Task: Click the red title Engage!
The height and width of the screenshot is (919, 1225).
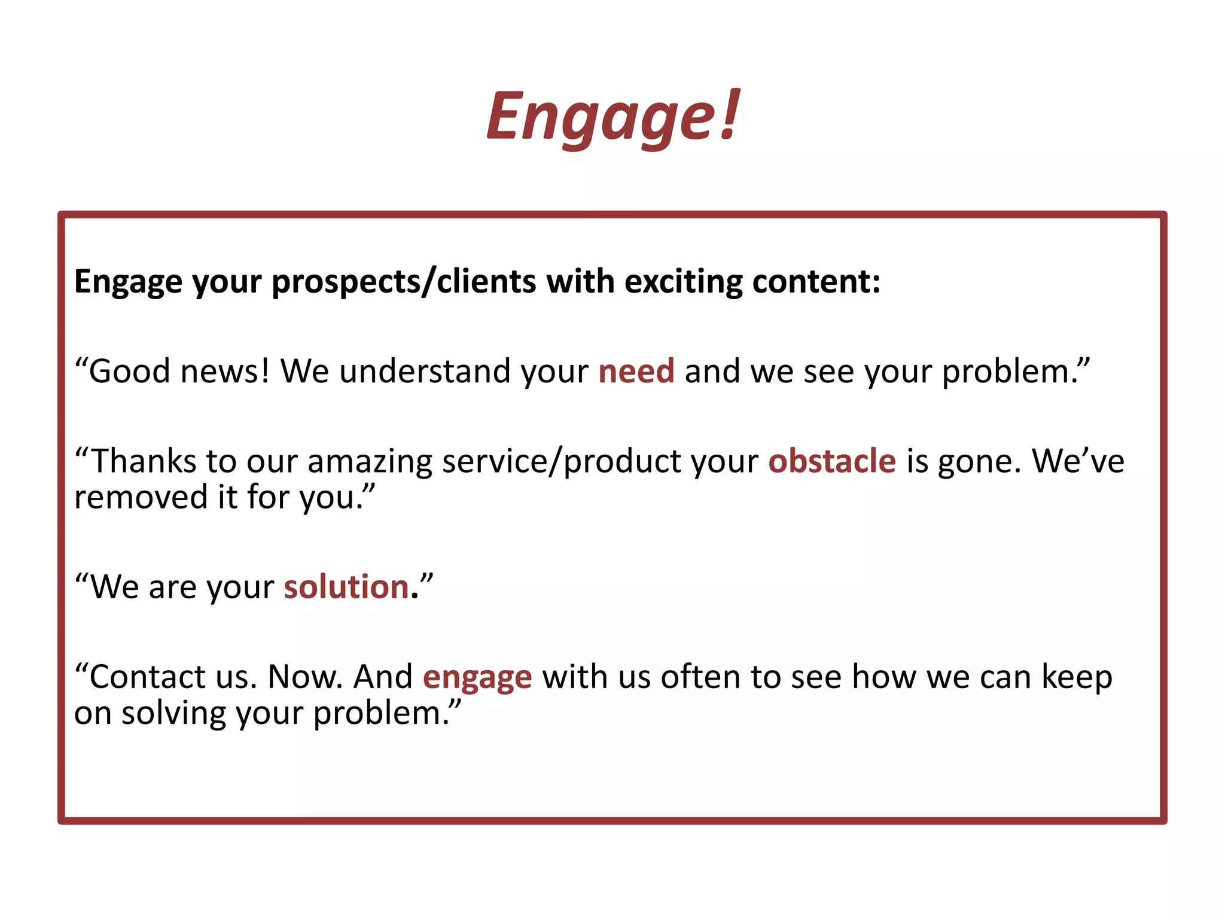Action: pyautogui.click(x=613, y=117)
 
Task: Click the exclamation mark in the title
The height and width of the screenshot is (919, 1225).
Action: pyautogui.click(x=729, y=114)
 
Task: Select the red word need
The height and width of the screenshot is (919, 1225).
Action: pyautogui.click(x=636, y=371)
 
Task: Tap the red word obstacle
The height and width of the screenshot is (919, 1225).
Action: pyautogui.click(x=831, y=461)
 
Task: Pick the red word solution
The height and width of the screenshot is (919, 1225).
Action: pyautogui.click(x=346, y=587)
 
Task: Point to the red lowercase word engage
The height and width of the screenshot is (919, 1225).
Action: pyautogui.click(x=477, y=678)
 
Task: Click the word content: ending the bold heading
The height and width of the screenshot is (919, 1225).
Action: pyautogui.click(x=816, y=281)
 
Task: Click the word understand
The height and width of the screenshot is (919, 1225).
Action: pyautogui.click(x=425, y=371)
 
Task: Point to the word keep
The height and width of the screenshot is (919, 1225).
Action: pyautogui.click(x=1077, y=678)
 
